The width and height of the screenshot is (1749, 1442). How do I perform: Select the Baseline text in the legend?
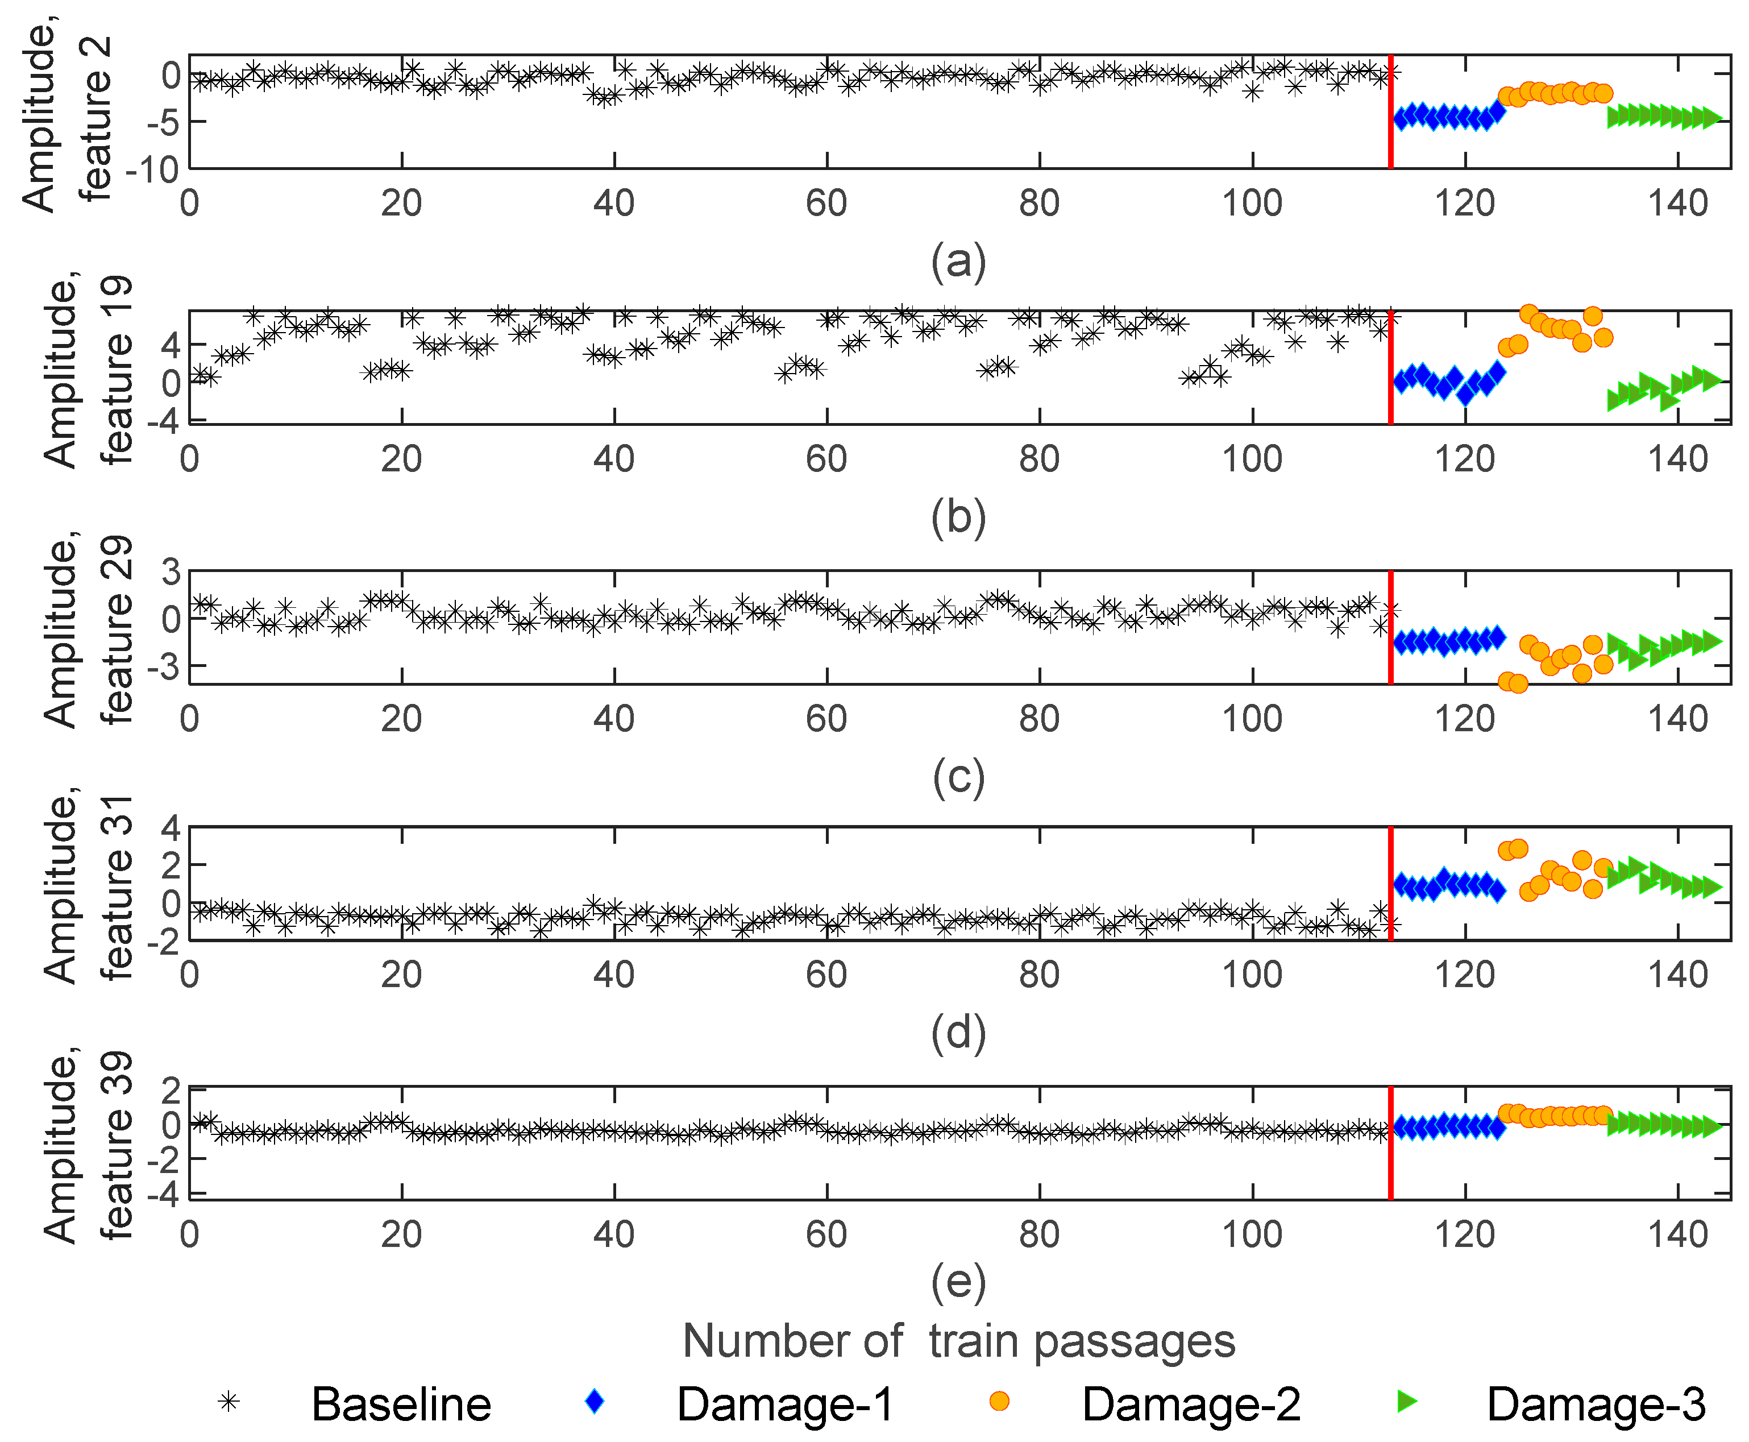[x=401, y=1404]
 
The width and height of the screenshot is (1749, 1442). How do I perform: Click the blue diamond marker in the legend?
[x=595, y=1401]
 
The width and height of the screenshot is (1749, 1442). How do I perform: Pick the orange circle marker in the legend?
[x=999, y=1401]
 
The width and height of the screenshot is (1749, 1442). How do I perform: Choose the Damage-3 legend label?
[x=1596, y=1404]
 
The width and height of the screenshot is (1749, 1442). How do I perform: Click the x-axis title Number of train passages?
[x=958, y=1341]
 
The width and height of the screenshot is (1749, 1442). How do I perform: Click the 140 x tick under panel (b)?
[x=1677, y=459]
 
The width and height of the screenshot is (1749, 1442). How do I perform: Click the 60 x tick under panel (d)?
[x=826, y=975]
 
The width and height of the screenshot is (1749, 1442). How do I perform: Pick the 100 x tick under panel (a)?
[x=1252, y=204]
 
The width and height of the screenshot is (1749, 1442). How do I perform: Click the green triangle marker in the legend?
[x=1406, y=1401]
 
